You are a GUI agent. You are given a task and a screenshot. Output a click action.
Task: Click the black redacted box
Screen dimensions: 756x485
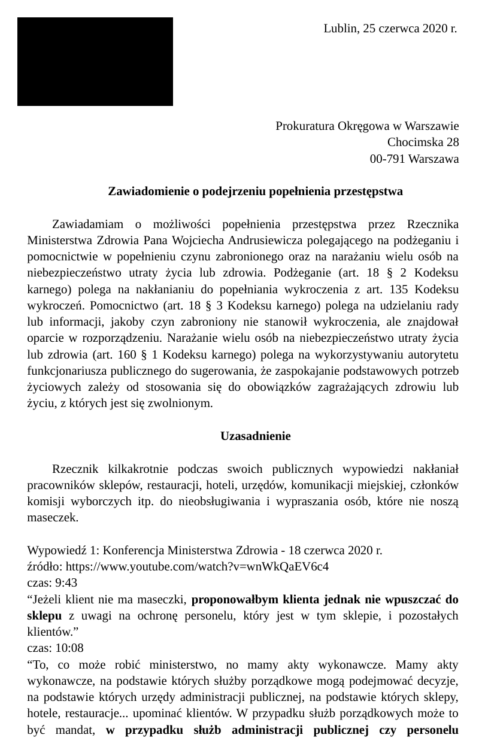coord(95,62)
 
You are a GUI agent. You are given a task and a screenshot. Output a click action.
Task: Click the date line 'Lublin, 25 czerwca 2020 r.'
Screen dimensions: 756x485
coord(390,28)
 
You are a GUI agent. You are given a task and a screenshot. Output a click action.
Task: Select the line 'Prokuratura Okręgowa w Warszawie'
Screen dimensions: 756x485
coord(367,126)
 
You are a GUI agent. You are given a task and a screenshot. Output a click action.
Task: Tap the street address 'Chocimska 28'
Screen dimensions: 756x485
coord(423,142)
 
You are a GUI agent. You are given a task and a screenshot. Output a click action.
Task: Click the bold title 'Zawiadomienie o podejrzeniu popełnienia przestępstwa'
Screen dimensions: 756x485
coord(255,192)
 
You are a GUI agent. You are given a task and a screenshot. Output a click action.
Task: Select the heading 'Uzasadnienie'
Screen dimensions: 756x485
coord(255,436)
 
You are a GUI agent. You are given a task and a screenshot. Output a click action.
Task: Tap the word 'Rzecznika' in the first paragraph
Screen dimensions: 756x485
coord(432,224)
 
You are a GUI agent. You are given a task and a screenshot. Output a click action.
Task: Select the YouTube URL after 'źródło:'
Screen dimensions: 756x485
coord(196,566)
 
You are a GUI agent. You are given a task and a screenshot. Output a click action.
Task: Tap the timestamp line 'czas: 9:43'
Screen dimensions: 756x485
coord(52,582)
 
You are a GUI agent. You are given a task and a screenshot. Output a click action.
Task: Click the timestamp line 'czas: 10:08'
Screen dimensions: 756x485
coord(55,648)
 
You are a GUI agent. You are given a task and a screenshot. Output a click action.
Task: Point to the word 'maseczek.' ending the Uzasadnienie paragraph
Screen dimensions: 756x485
coord(53,517)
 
